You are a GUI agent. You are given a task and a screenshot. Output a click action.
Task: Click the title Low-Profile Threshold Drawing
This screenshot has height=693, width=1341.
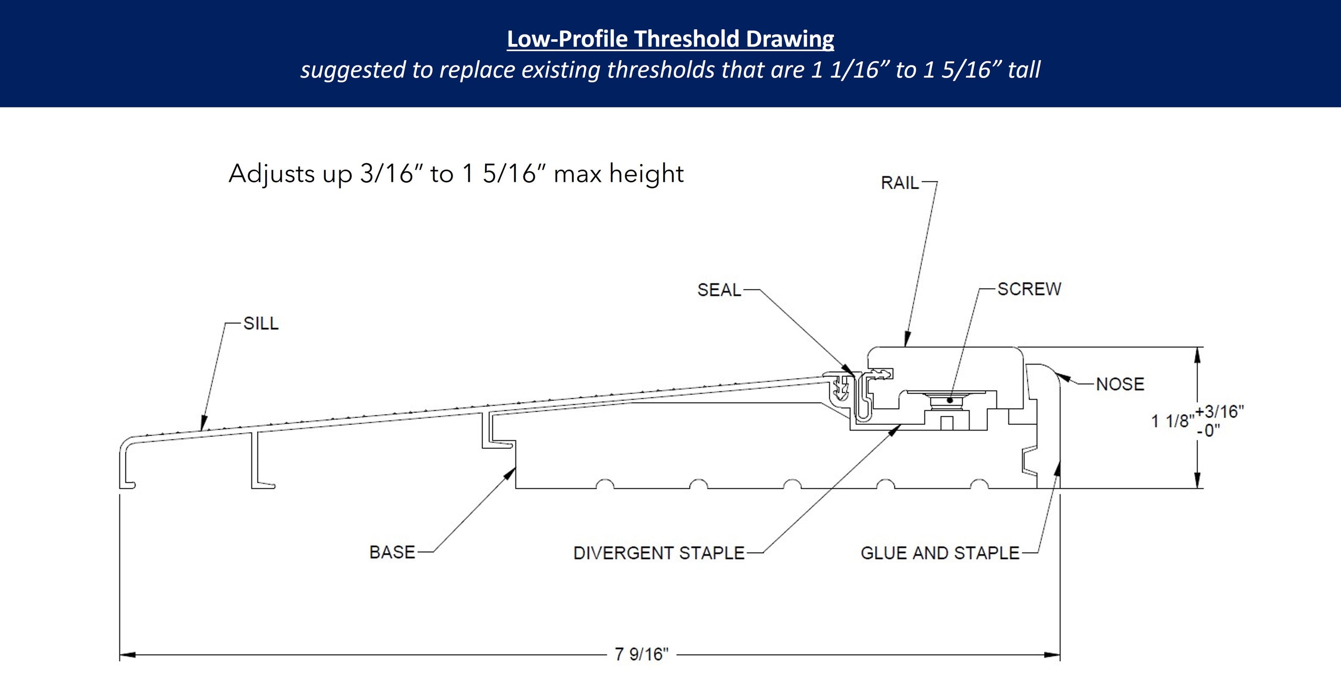[670, 39]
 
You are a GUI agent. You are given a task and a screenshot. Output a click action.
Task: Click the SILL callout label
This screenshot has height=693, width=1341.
[261, 323]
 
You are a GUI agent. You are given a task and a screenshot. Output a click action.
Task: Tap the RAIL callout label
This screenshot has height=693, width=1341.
[899, 183]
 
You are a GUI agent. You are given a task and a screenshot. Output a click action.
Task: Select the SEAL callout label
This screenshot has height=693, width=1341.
[719, 290]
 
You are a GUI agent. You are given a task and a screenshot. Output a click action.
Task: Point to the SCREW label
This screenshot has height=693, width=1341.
[1029, 289]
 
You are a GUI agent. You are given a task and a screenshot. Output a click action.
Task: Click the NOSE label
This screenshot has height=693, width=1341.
[1120, 384]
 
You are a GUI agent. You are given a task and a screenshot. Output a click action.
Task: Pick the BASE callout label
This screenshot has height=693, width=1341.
[392, 552]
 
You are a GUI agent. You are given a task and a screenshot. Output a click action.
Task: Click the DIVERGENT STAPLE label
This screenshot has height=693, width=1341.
[658, 553]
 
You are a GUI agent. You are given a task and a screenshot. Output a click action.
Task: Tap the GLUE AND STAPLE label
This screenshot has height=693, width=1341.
[940, 553]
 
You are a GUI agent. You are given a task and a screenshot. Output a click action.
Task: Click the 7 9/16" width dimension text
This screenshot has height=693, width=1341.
[641, 654]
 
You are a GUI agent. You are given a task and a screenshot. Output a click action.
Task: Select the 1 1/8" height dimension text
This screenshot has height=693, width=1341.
[1172, 421]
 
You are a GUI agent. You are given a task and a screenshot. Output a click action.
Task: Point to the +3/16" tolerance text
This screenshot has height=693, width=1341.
[1219, 412]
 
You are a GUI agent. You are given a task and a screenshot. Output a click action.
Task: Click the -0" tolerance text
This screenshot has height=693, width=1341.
[1208, 431]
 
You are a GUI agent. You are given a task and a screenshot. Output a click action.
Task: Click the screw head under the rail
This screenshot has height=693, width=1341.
[950, 400]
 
